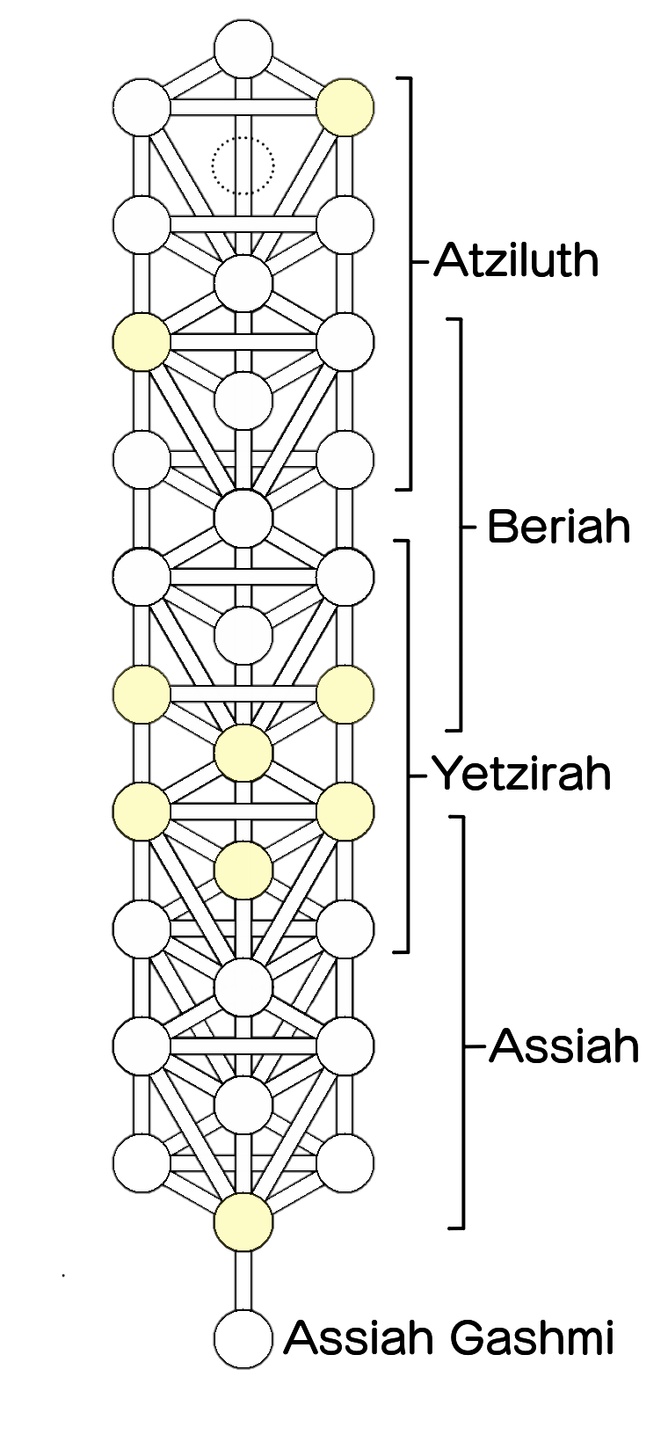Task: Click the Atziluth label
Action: coord(516,260)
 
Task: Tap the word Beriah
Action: coord(559,527)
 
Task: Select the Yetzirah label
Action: coord(521,774)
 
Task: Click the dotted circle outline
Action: coord(243,166)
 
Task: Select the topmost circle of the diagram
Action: coord(243,48)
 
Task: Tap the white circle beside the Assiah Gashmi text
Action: coord(243,1339)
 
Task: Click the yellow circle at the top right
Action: coord(345,107)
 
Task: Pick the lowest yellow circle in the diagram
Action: coord(243,1221)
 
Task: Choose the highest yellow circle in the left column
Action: coord(142,342)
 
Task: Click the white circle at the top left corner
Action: coord(142,107)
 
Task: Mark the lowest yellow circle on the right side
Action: coord(345,811)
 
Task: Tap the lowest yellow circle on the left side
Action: coord(142,811)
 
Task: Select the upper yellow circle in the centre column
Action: coord(243,753)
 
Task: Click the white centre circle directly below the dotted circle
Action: coord(243,283)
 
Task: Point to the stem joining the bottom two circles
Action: coord(243,1280)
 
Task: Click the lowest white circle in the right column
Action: coord(345,1162)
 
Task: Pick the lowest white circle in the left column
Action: coord(142,1162)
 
